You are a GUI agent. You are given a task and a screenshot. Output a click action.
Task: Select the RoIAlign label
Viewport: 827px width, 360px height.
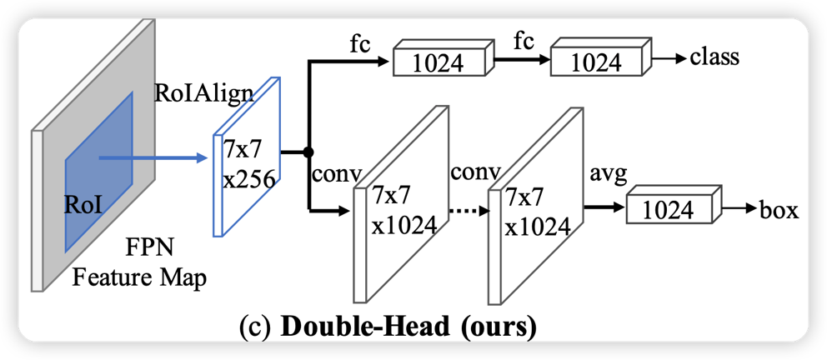click(x=204, y=92)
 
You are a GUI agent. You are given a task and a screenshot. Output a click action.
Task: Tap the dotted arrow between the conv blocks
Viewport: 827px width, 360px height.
click(x=469, y=210)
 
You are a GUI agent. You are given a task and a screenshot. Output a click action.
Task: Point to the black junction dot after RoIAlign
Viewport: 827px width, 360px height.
click(x=308, y=152)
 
